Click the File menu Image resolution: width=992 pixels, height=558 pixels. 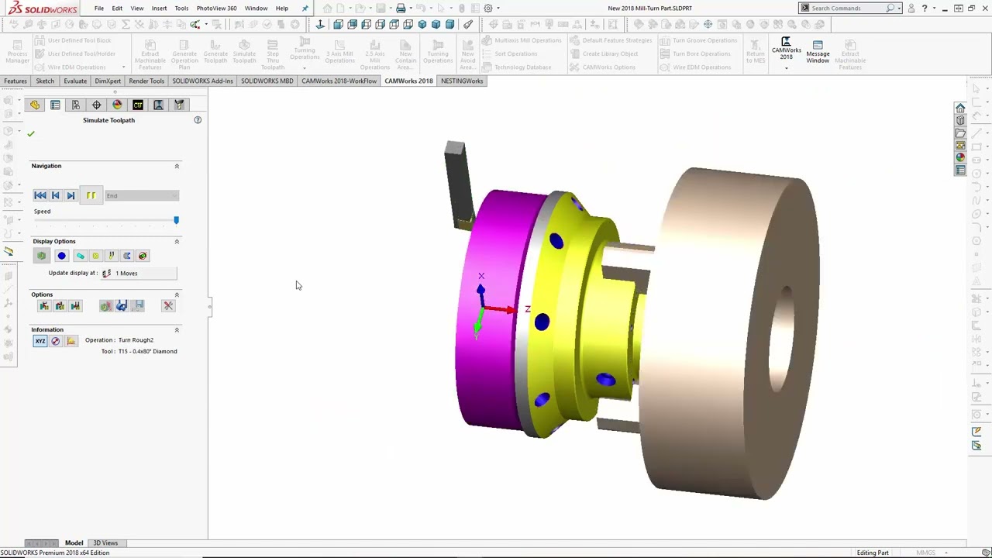[x=99, y=9]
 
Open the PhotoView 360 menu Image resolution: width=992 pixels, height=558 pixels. [x=216, y=9]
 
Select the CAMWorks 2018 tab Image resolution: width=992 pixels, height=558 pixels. [x=408, y=81]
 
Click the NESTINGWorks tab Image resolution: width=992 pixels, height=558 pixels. [x=462, y=81]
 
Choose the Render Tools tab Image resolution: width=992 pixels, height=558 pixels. [x=146, y=81]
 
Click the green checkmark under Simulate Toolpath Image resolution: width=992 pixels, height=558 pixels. [x=31, y=134]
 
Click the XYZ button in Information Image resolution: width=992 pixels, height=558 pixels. [x=40, y=341]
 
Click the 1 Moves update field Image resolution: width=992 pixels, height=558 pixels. [x=143, y=274]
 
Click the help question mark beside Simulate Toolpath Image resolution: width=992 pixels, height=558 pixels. [x=198, y=120]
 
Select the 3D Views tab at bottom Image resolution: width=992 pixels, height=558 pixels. [x=105, y=543]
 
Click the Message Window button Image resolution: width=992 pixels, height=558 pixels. [x=818, y=53]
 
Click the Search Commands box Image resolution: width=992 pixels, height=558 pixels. [x=845, y=9]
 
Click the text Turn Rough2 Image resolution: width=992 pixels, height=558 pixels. [x=136, y=340]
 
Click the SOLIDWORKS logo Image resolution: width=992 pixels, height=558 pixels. [x=43, y=9]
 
